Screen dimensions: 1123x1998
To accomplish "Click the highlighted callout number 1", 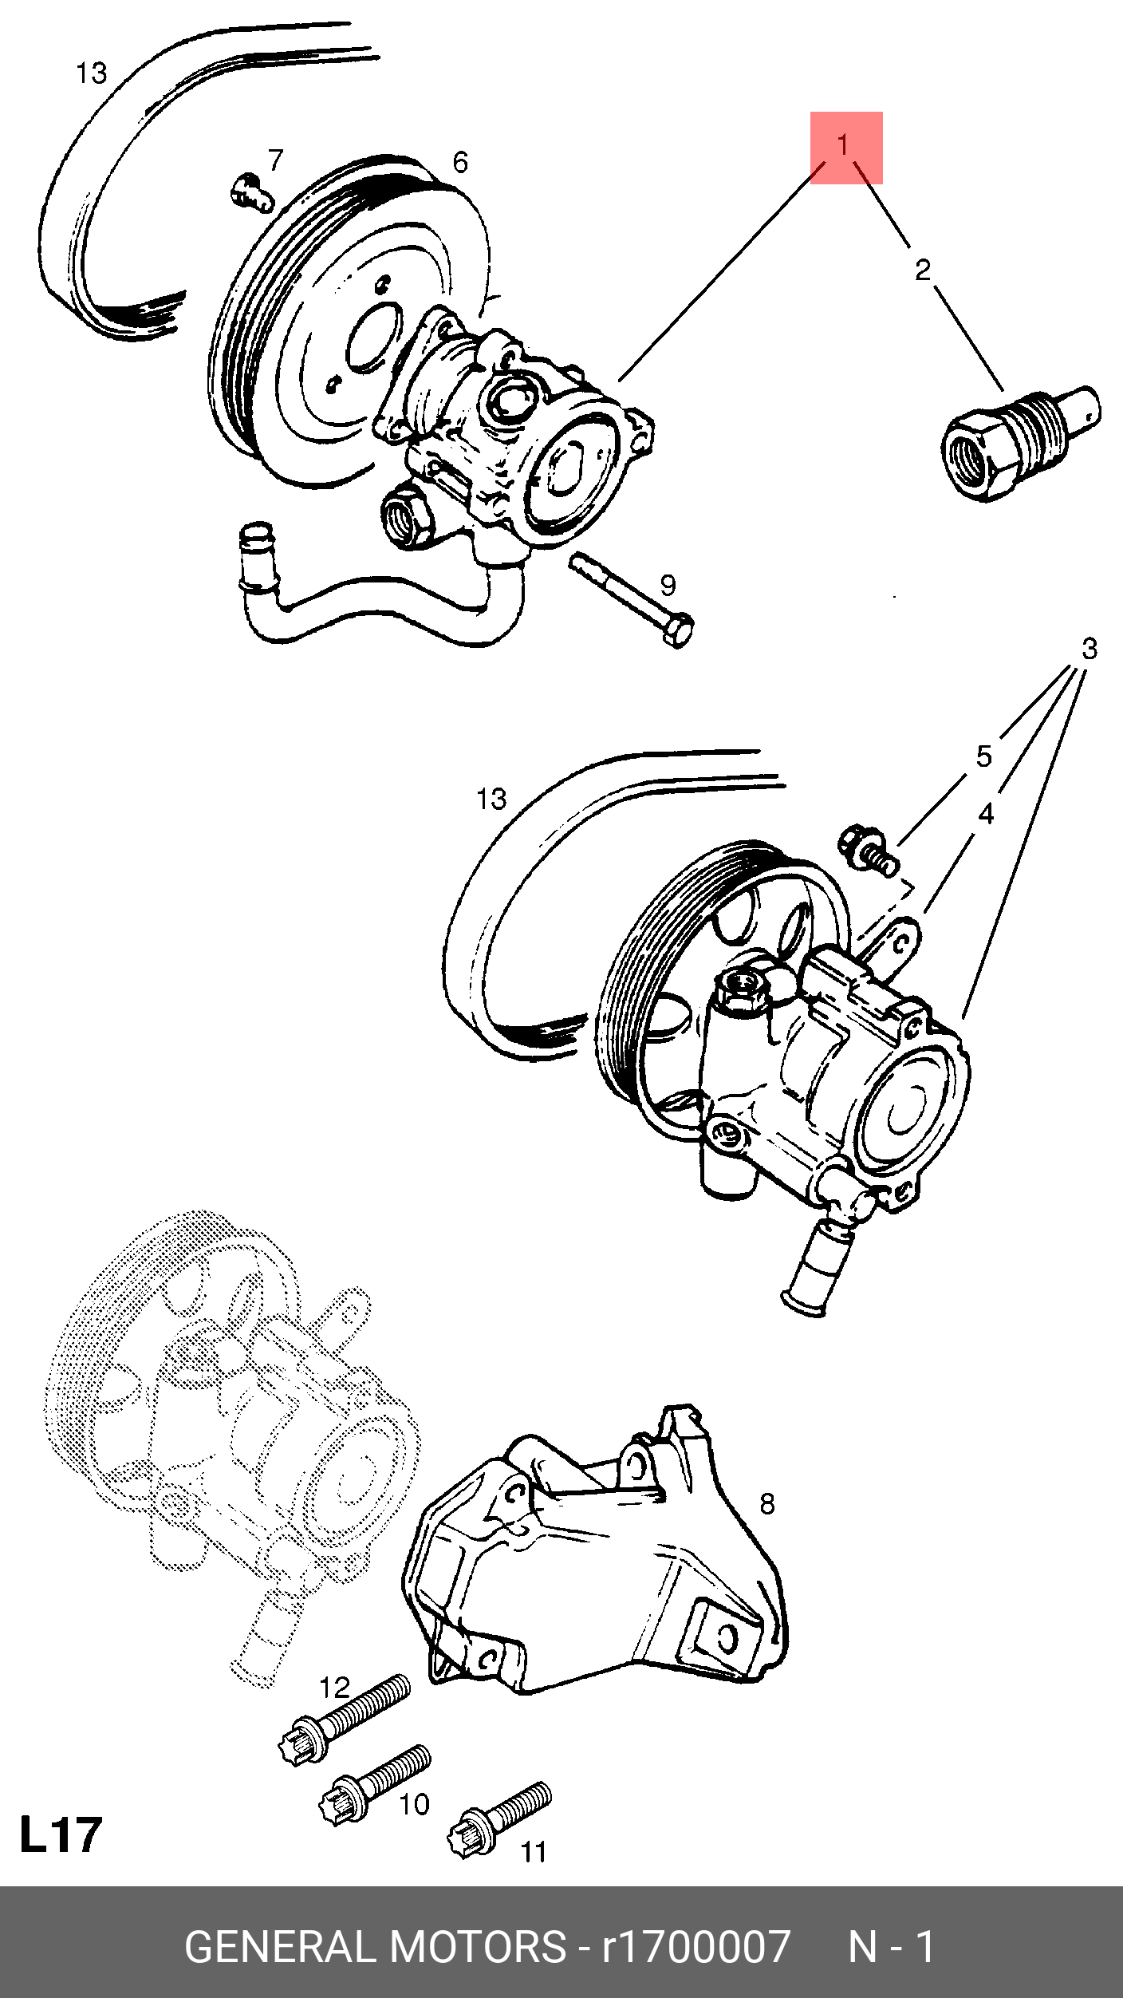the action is pos(844,146).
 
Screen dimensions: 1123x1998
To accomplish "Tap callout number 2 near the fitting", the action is pos(923,270).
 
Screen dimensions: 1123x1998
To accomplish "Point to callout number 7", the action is pos(276,160).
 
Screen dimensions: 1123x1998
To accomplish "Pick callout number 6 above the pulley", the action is pos(460,163).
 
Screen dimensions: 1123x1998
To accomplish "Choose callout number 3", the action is pos(1089,649).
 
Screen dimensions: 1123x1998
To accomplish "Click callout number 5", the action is pos(984,756).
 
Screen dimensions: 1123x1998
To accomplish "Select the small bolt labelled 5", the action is pos(868,851).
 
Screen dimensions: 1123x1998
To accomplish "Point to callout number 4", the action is pos(987,814).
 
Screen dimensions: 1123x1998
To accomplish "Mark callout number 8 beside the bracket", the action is pos(767,1504).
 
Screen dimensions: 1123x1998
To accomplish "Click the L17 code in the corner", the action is pos(61,1834).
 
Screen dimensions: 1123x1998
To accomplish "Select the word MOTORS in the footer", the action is pos(478,1947).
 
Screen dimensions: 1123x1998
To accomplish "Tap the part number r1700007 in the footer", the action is pos(695,1947).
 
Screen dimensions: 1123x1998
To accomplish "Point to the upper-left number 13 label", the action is pos(91,73).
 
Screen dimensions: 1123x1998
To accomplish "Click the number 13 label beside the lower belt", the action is pos(491,799).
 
